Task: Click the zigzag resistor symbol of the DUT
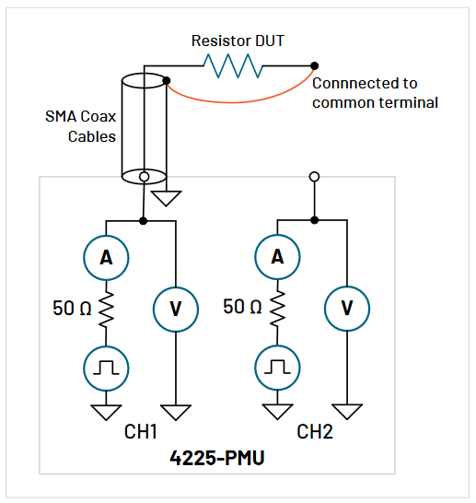tap(234, 65)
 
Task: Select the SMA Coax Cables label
tap(81, 126)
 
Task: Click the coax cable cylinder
tap(144, 124)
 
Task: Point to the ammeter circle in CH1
tap(107, 259)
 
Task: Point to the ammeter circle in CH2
tap(278, 259)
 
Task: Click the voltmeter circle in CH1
tap(175, 309)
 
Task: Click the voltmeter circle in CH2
tap(347, 309)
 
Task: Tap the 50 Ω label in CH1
tap(70, 307)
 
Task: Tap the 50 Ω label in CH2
tap(241, 307)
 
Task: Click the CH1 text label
tap(143, 431)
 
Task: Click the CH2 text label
tap(315, 431)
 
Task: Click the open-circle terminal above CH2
tap(315, 176)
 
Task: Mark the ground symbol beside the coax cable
tap(167, 197)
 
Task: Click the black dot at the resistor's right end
tap(315, 65)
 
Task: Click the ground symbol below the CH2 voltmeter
tap(347, 410)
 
